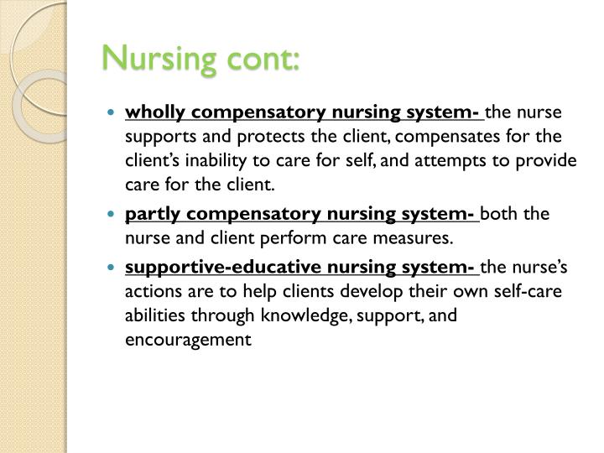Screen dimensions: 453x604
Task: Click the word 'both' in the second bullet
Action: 500,213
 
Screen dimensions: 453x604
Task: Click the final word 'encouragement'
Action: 188,340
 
